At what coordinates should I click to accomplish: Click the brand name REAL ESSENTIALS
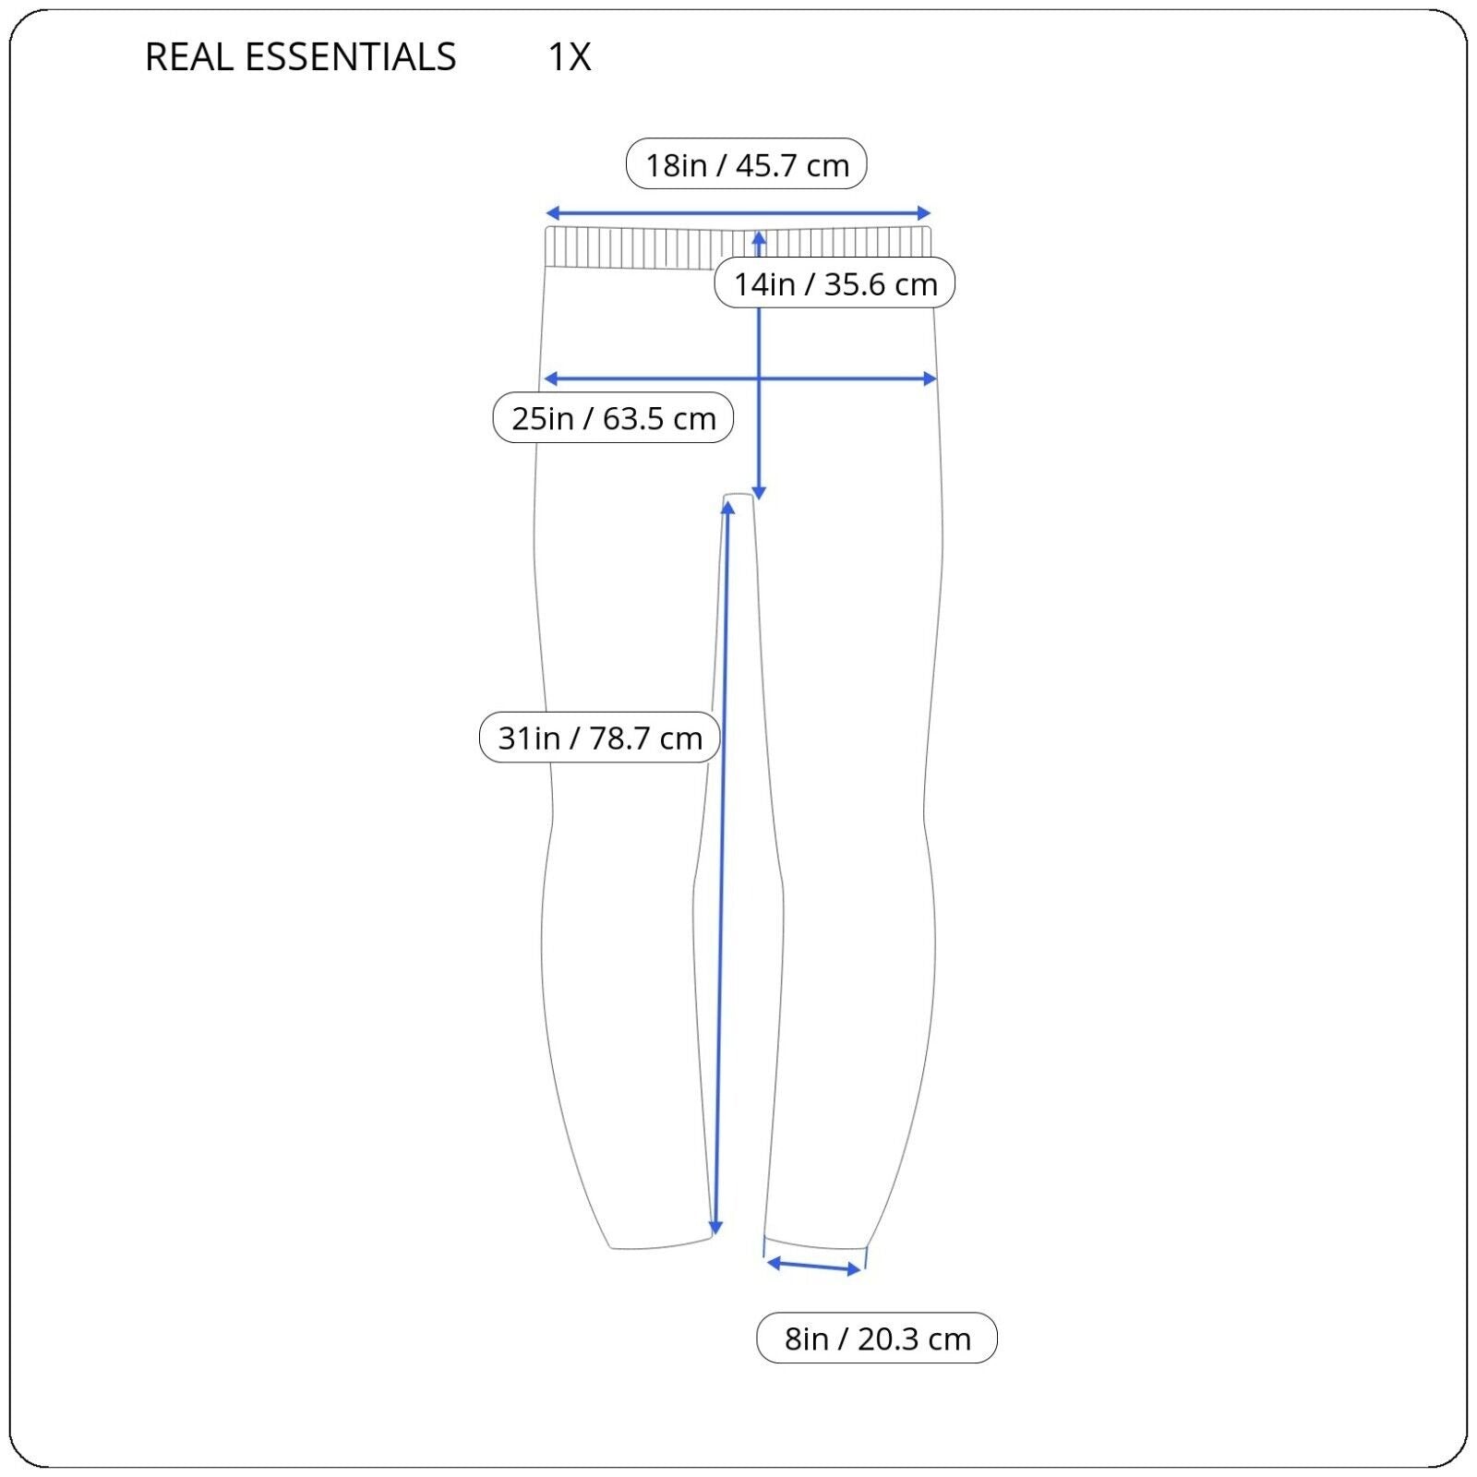click(x=301, y=57)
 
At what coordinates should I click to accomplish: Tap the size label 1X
click(x=570, y=57)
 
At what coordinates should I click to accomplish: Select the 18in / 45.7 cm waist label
click(x=747, y=164)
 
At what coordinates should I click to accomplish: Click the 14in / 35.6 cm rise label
click(x=835, y=283)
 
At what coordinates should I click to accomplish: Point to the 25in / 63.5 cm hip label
click(x=613, y=418)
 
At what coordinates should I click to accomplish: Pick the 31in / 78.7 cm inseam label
click(x=600, y=738)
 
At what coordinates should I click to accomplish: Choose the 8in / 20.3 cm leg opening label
click(x=877, y=1338)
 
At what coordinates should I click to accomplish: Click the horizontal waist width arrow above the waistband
click(x=738, y=213)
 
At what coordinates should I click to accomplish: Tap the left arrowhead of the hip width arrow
click(x=551, y=378)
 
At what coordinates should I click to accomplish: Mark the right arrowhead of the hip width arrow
click(x=930, y=378)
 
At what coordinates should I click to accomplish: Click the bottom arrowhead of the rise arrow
click(x=759, y=493)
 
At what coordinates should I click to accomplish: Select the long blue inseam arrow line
click(x=722, y=868)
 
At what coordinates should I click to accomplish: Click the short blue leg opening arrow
click(x=814, y=1266)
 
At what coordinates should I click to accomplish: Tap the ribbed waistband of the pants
click(x=738, y=247)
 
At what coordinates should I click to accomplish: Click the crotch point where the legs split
click(x=738, y=496)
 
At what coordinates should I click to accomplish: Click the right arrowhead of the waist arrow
click(x=924, y=213)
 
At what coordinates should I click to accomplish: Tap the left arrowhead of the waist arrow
click(x=553, y=213)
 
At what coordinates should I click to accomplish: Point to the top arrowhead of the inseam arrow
click(x=727, y=508)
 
